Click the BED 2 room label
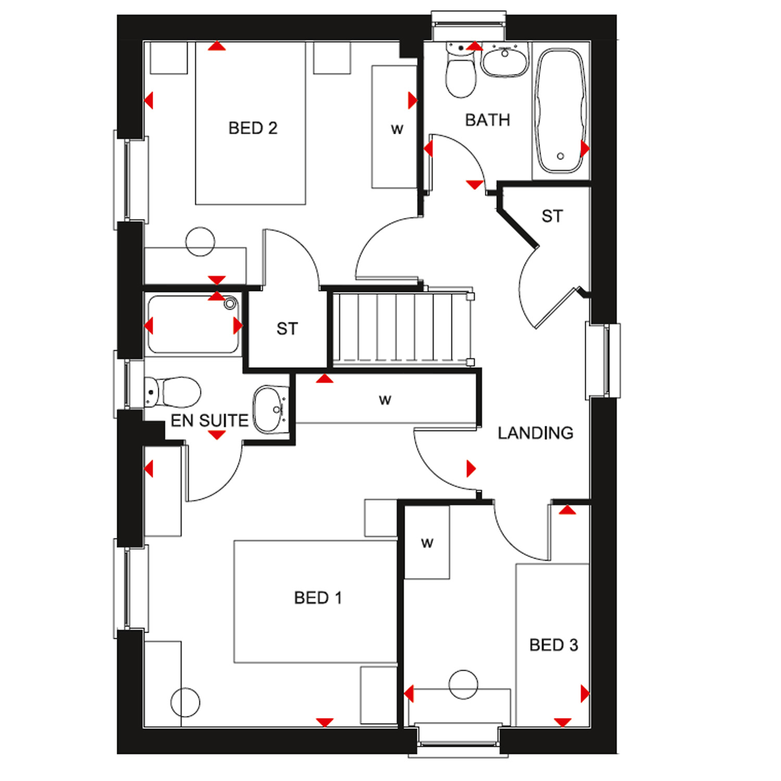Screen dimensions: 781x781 [253, 128]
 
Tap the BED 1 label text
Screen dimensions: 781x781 [318, 598]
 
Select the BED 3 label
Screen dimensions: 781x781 [553, 645]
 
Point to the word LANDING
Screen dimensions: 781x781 [535, 433]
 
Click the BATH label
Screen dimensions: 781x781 [487, 120]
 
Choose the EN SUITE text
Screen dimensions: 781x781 [209, 420]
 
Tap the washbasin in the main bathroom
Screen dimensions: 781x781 [505, 60]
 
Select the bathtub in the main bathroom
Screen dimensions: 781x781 [561, 111]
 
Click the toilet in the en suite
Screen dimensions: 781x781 [173, 392]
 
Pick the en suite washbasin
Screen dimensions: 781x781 [270, 409]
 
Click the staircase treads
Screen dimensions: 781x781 [401, 327]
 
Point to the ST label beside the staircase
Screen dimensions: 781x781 [287, 329]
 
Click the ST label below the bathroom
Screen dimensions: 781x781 [552, 216]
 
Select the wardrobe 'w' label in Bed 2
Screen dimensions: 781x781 [397, 129]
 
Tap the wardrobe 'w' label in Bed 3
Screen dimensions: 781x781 [427, 544]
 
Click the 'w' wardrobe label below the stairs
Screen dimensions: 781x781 [385, 400]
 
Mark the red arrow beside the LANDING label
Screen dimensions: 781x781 [471, 469]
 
